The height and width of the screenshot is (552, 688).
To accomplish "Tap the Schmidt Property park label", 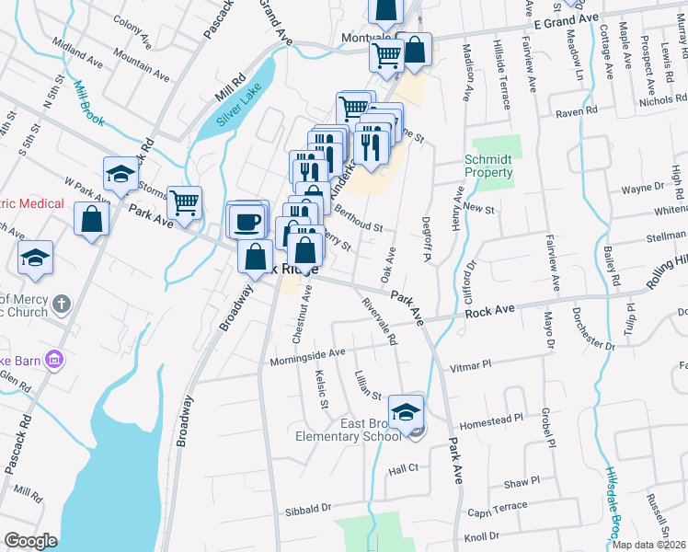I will point(487,166).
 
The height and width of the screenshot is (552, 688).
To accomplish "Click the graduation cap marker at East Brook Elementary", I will point(405,411).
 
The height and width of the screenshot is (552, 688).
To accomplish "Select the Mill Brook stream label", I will point(88,104).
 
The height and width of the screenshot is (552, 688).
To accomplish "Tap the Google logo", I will point(30,540).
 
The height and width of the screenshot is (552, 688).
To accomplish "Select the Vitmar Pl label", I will point(470,365).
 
